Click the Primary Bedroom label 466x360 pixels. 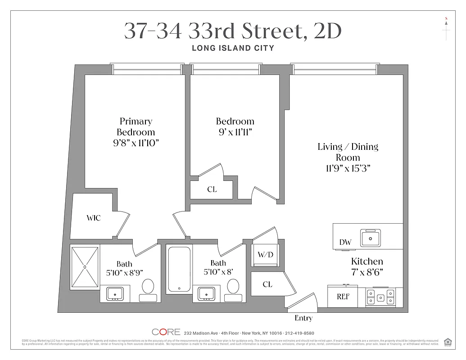click(136, 126)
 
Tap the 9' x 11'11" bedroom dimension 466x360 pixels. click(235, 132)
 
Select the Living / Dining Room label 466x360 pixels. click(348, 152)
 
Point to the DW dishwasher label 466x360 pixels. click(345, 243)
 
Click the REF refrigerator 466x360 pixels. click(344, 297)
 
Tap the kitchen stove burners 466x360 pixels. click(380, 297)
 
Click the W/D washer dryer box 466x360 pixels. click(265, 255)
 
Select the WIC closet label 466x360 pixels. click(94, 218)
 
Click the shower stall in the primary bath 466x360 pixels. click(85, 267)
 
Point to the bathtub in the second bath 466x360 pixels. click(179, 269)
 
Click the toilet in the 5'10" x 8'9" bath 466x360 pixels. click(148, 288)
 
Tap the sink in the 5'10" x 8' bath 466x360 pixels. click(206, 293)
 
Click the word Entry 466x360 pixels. click(303, 318)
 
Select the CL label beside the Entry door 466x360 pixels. click(267, 284)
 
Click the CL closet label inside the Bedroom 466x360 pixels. click(212, 189)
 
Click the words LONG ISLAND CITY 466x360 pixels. click(233, 48)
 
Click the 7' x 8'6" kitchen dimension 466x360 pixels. click(367, 272)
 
